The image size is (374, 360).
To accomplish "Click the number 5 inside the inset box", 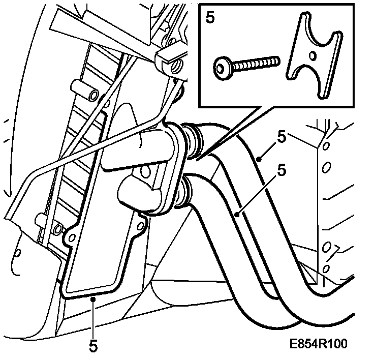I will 210,17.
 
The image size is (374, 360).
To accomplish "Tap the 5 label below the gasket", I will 93,346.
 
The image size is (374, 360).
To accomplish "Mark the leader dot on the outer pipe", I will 259,160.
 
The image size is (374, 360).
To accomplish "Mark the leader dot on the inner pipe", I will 237,215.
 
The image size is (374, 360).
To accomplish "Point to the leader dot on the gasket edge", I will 93,301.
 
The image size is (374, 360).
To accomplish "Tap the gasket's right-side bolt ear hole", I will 139,220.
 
